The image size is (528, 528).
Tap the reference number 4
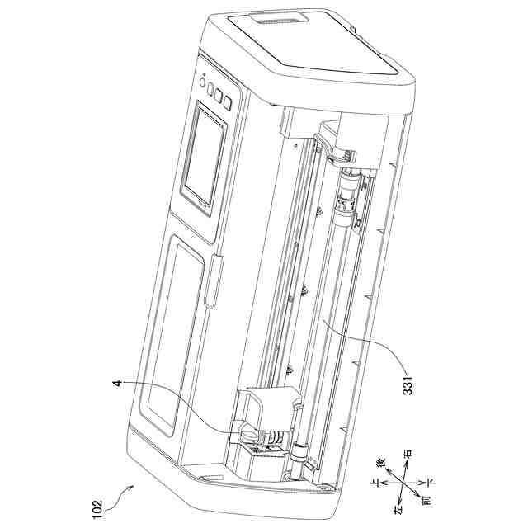(x=117, y=384)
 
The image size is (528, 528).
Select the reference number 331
(x=408, y=385)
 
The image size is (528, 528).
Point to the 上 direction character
(x=375, y=483)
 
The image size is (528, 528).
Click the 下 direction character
(x=431, y=482)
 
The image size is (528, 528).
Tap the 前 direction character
(x=426, y=500)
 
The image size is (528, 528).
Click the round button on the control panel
(x=202, y=82)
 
